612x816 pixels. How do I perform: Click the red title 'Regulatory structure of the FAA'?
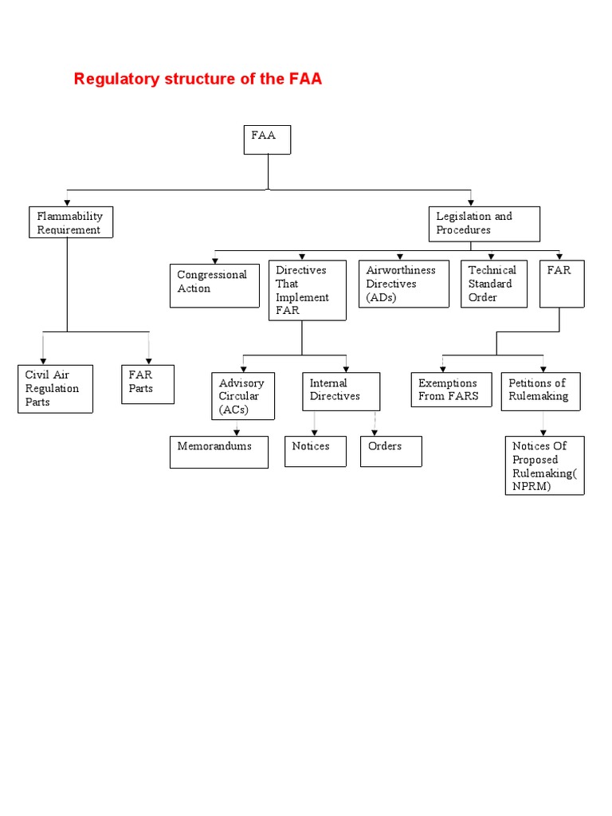[x=198, y=79]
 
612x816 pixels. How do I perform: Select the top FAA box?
[x=267, y=139]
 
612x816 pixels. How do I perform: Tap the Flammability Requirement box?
[x=70, y=222]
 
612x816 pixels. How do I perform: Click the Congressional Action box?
[x=214, y=285]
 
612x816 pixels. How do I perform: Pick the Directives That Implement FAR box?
[x=307, y=290]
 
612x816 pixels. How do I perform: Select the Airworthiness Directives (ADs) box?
[x=404, y=284]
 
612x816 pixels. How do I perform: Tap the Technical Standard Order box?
[x=494, y=284]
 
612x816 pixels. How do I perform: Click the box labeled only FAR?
[x=560, y=284]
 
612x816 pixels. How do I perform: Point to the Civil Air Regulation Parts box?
[x=55, y=389]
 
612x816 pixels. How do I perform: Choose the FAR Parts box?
[x=147, y=384]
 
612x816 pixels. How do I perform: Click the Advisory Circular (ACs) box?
[x=243, y=396]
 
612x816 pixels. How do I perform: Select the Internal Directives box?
[x=340, y=391]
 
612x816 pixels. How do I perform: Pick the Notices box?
[x=316, y=451]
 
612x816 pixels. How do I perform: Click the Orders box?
[x=390, y=451]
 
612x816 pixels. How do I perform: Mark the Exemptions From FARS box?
[x=452, y=390]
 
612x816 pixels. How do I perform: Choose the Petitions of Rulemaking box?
[x=541, y=391]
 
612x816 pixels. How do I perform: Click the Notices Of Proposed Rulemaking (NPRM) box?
[x=544, y=465]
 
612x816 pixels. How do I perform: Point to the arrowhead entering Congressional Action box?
[x=214, y=260]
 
